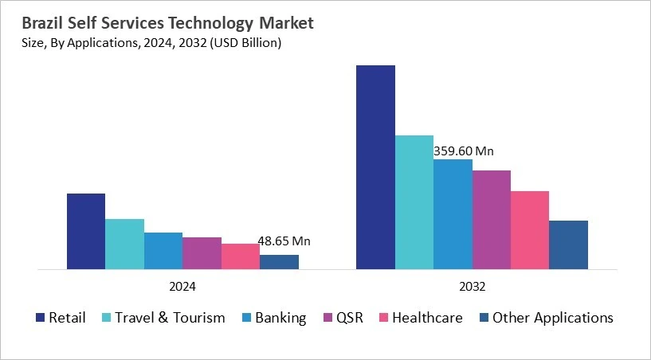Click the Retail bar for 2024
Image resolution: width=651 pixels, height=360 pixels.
point(85,231)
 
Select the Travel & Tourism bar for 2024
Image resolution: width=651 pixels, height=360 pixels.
point(124,244)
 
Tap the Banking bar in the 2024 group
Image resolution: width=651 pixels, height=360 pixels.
point(163,251)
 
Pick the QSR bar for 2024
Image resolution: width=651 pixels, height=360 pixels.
point(202,253)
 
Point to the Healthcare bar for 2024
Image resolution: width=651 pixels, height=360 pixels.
point(240,256)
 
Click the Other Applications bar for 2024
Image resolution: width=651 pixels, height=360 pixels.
point(279,262)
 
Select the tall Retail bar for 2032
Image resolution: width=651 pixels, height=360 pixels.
point(375,167)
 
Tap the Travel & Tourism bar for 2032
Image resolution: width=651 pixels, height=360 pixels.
point(414,202)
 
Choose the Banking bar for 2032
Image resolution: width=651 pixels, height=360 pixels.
point(453,214)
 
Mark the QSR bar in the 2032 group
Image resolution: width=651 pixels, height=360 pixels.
point(492,220)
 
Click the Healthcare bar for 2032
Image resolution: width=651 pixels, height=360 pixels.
point(530,230)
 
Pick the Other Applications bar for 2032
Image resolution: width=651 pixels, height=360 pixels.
point(569,245)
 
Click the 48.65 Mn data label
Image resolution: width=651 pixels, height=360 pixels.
point(284,241)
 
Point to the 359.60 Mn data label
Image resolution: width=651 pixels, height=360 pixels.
point(463,151)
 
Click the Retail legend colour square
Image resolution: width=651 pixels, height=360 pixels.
point(40,318)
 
